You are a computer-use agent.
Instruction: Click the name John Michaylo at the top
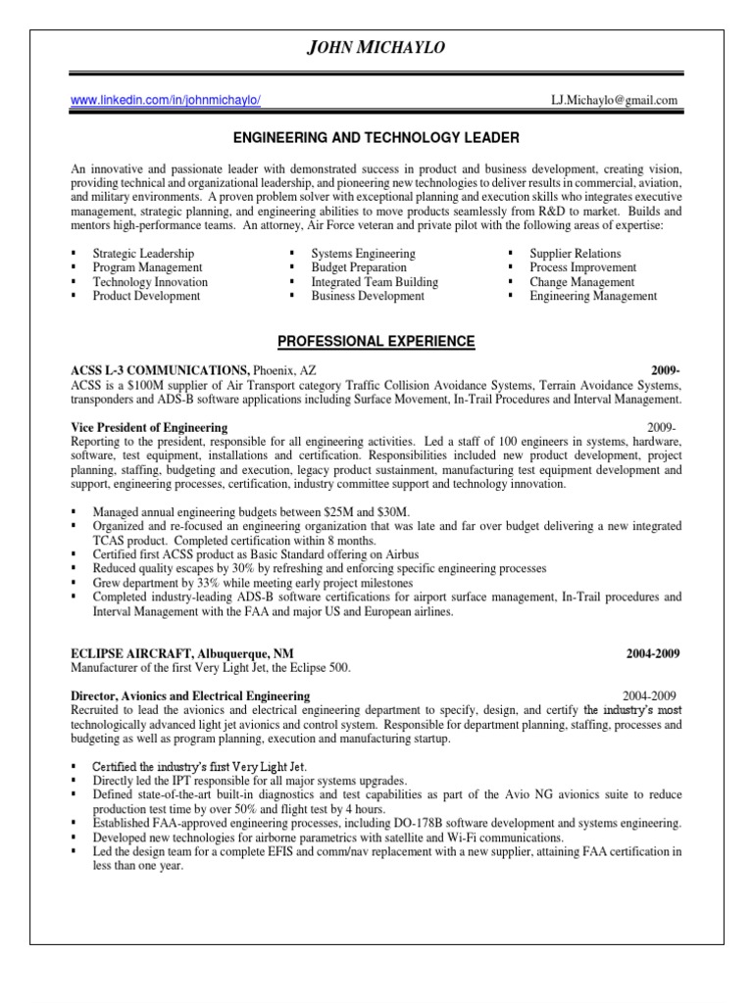coord(376,49)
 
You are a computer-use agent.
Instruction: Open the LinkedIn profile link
coord(167,100)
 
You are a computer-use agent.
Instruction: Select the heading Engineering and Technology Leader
coord(376,138)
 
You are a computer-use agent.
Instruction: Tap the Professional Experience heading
coord(376,342)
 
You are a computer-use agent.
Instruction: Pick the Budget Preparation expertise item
coord(359,267)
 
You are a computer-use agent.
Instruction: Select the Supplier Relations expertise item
coord(575,254)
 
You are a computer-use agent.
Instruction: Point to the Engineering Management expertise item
coord(593,296)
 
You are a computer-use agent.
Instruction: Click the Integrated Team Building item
coord(375,282)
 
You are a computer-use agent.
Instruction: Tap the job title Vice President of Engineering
coord(149,428)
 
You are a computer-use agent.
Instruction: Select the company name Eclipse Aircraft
coord(134,653)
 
